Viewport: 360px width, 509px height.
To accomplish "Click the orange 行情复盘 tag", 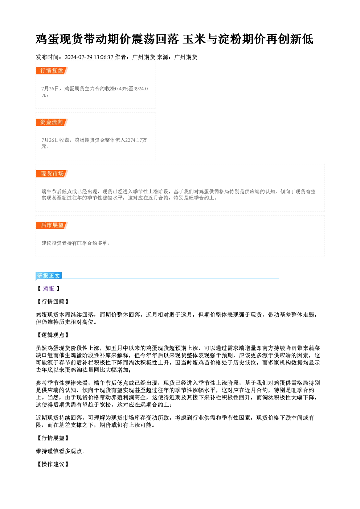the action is pyautogui.click(x=52, y=71).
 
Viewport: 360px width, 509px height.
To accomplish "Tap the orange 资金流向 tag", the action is pyautogui.click(x=52, y=122).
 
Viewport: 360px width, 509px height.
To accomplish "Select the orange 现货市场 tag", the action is pyautogui.click(x=52, y=174).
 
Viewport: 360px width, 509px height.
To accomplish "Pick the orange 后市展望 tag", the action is pyautogui.click(x=52, y=225).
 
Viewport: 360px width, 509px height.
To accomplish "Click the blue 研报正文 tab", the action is pyautogui.click(x=49, y=276).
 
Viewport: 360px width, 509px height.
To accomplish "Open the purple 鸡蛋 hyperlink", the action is pyautogui.click(x=49, y=288).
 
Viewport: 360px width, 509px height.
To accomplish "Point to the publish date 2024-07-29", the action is pyautogui.click(x=78, y=57).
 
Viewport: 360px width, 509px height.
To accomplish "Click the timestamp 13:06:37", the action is pyautogui.click(x=103, y=57).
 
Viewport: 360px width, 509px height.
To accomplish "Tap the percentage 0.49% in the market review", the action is pyautogui.click(x=121, y=89).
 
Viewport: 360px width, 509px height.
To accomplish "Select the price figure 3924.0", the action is pyautogui.click(x=140, y=89).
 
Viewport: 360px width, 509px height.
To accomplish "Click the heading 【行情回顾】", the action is pyautogui.click(x=53, y=301).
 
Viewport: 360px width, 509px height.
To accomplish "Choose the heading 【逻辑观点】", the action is pyautogui.click(x=53, y=335).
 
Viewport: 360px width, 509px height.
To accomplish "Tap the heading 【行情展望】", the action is pyautogui.click(x=53, y=438).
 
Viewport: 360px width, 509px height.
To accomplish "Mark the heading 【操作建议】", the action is pyautogui.click(x=53, y=464).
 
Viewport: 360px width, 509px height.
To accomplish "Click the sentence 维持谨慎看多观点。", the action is pyautogui.click(x=61, y=451).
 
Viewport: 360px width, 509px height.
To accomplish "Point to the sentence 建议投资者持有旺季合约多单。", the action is pyautogui.click(x=76, y=243).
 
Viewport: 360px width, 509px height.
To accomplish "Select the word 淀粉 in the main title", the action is pyautogui.click(x=230, y=39).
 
